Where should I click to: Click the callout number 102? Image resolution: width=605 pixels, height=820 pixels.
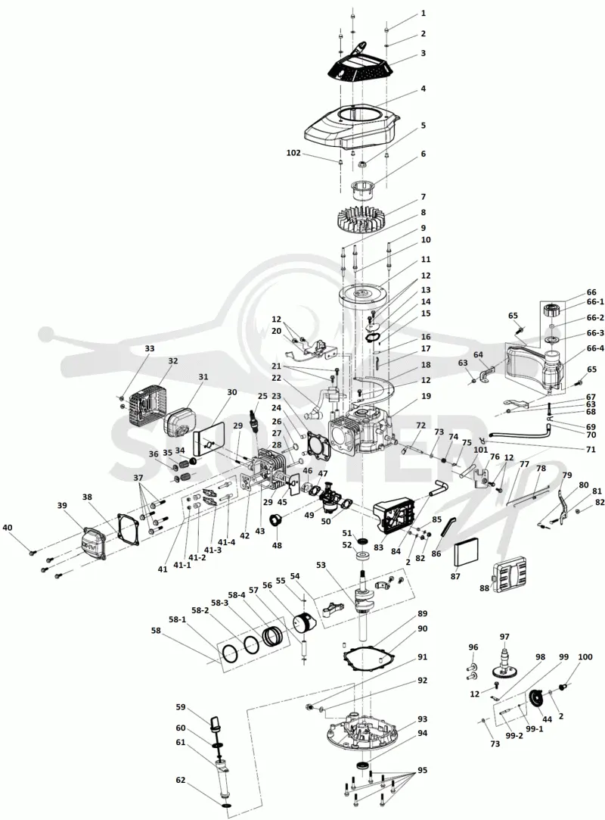[x=293, y=153]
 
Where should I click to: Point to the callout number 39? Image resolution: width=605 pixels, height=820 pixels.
[x=62, y=505]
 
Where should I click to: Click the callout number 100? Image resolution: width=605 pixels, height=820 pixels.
[x=585, y=656]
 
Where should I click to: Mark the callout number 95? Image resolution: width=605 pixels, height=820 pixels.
[x=422, y=770]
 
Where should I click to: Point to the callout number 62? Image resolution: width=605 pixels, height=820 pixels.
[x=180, y=781]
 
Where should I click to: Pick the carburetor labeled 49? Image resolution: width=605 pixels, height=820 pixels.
[x=329, y=495]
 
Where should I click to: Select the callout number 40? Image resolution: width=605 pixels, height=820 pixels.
[x=8, y=528]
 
